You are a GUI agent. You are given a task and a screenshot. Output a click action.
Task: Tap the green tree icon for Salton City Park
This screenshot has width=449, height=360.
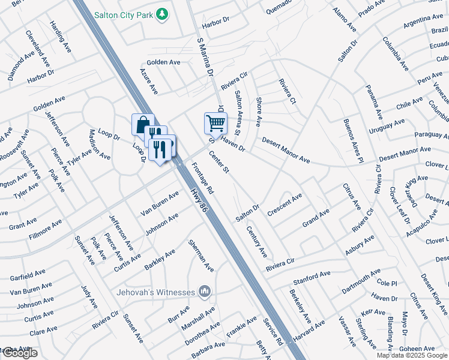click(x=161, y=14)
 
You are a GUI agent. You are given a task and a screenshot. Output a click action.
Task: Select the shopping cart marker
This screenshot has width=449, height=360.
click(x=215, y=123)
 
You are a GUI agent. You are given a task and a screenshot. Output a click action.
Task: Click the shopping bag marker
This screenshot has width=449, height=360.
click(x=143, y=125)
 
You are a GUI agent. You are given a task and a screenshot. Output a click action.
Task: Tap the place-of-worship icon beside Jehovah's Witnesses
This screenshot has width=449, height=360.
click(x=205, y=292)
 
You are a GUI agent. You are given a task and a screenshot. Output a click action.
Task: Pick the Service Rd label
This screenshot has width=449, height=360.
click(x=273, y=331)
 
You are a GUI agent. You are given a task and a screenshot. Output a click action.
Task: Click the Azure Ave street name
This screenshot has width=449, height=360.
click(x=148, y=81)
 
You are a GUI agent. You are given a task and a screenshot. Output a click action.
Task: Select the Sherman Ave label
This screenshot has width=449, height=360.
click(x=200, y=255)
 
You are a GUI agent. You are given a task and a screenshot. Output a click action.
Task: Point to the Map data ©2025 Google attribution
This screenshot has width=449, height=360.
click(x=411, y=355)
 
